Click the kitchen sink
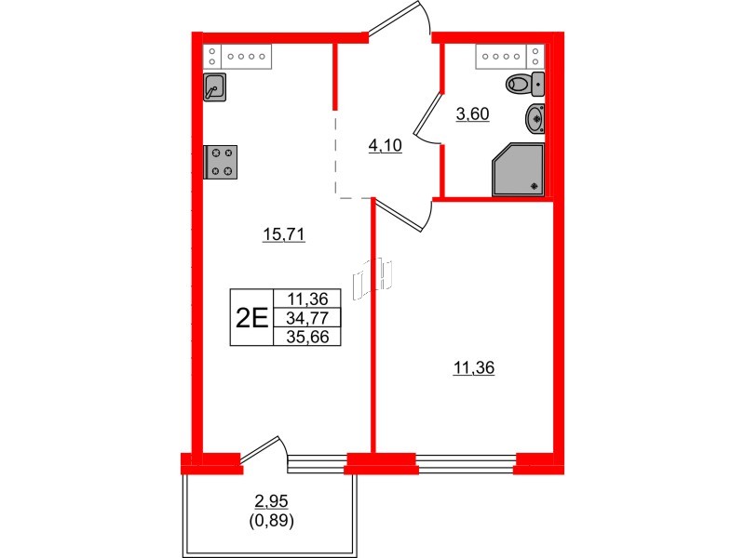click(x=214, y=86)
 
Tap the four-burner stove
click(x=221, y=162)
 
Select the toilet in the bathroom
click(x=525, y=85)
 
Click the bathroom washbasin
click(x=535, y=119)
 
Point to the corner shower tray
click(x=518, y=169)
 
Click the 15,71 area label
click(x=284, y=234)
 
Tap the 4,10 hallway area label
click(x=385, y=145)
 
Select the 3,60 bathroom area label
click(x=472, y=113)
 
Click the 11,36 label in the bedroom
click(x=474, y=367)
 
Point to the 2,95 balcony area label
click(x=271, y=501)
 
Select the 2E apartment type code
click(x=251, y=317)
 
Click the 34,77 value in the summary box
click(x=307, y=317)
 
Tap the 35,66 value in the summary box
click(x=307, y=337)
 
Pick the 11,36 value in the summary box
click(x=307, y=299)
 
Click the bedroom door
click(x=403, y=215)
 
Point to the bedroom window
click(x=466, y=462)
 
